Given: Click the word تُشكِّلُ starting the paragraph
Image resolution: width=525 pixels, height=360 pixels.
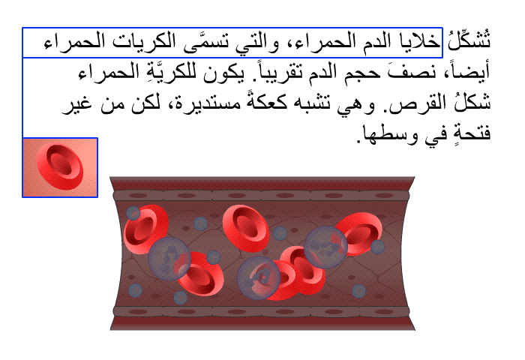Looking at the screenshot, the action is [x=469, y=40].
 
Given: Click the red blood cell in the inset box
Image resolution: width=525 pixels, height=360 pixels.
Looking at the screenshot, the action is [x=60, y=166].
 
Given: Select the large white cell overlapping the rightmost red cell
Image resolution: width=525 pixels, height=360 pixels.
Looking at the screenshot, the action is [x=325, y=247].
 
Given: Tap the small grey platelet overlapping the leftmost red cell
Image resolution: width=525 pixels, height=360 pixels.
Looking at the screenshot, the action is [x=133, y=213].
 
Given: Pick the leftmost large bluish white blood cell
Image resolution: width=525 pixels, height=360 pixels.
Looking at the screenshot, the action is [x=169, y=259].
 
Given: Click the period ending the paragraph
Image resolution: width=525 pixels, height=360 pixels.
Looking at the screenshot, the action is [x=358, y=141].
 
